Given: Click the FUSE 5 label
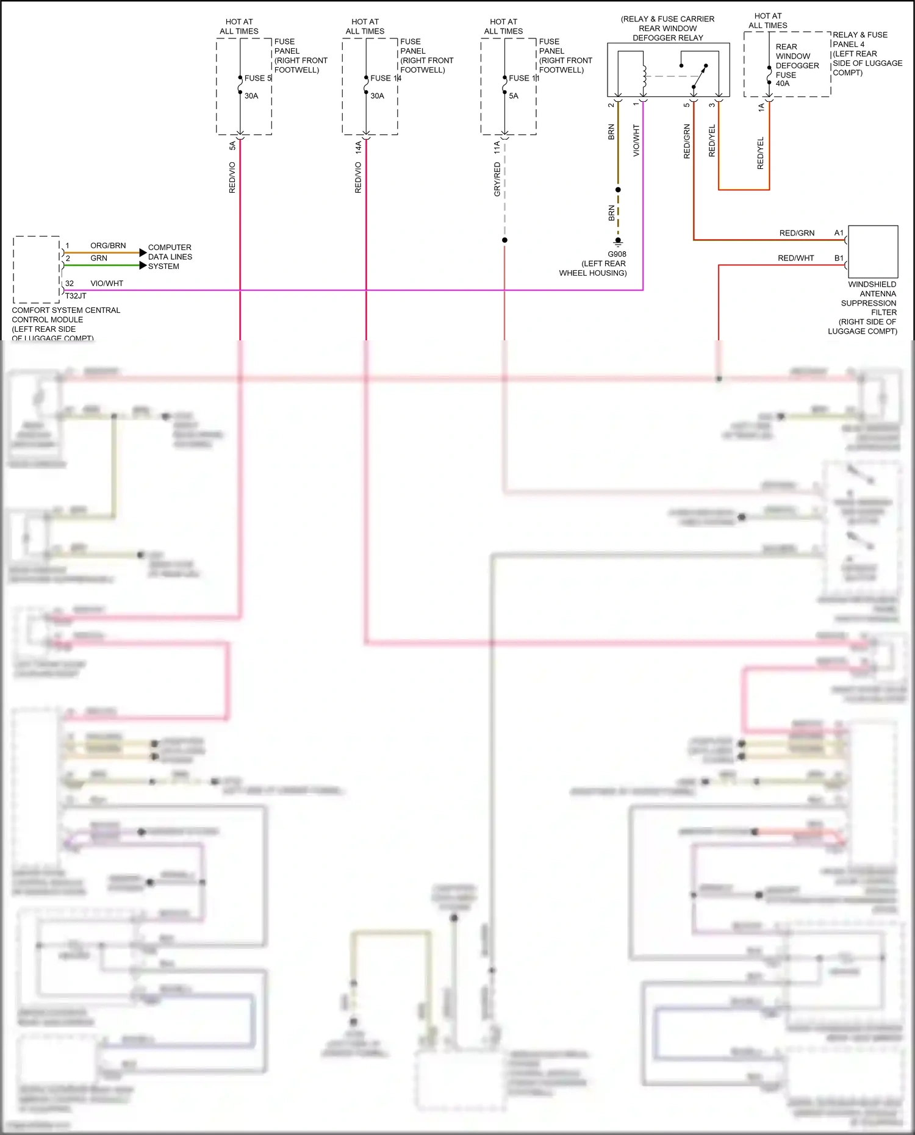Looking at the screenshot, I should [x=257, y=78].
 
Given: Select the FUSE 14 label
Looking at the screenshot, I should [x=385, y=78].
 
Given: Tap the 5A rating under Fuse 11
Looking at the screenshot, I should [x=514, y=96].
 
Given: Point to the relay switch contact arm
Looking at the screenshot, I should [x=700, y=76].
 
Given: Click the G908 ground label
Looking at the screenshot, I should [x=617, y=254].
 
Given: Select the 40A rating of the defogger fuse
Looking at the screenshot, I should [x=783, y=84].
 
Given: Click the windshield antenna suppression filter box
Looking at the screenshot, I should [x=873, y=252].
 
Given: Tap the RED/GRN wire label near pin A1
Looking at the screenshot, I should [x=797, y=233].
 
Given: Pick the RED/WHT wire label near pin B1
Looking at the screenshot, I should [x=795, y=258].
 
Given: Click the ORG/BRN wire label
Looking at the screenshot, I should [x=108, y=245].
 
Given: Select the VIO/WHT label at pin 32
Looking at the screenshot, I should [x=107, y=284].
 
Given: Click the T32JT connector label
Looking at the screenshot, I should [x=76, y=296].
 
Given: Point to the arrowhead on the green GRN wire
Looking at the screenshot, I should [x=143, y=265].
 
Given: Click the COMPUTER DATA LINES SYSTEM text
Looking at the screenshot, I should [x=170, y=257].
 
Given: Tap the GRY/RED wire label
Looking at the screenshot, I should [x=497, y=179].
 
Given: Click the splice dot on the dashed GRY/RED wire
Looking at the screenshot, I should [x=504, y=240].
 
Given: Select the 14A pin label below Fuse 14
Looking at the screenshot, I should [x=358, y=147].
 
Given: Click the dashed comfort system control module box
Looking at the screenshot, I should [x=37, y=269].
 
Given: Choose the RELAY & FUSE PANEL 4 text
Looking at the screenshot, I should [x=860, y=40].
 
